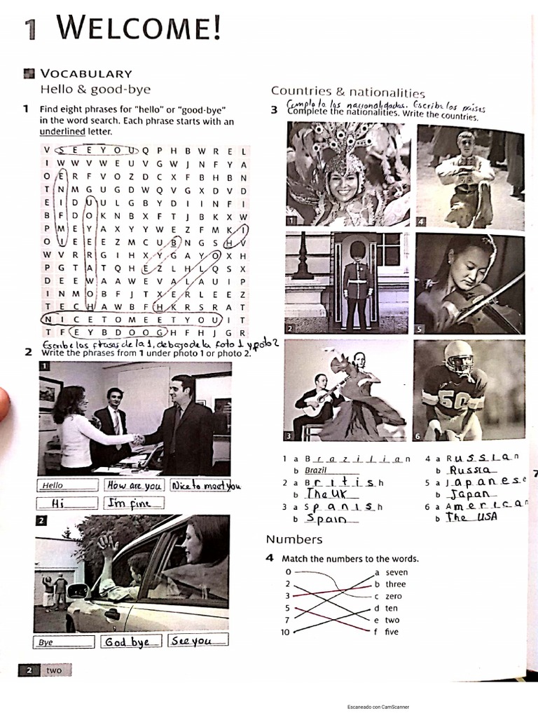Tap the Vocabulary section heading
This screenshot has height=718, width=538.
point(86,74)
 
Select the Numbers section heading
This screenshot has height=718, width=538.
point(294,539)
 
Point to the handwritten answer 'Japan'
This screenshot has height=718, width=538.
point(470,494)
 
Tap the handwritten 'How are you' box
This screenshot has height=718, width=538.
point(134,485)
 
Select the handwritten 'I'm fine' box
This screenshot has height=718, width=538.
point(134,503)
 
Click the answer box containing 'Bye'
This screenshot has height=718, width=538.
point(63,642)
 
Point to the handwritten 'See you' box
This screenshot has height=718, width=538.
point(197,641)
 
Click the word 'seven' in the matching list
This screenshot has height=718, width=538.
point(396,572)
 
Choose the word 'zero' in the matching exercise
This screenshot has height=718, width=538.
point(394,596)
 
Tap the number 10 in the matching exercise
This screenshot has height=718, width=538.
point(286,632)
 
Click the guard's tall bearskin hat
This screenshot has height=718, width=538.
point(357,251)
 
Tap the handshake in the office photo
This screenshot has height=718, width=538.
point(138,440)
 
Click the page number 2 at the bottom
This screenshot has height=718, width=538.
point(29,670)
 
